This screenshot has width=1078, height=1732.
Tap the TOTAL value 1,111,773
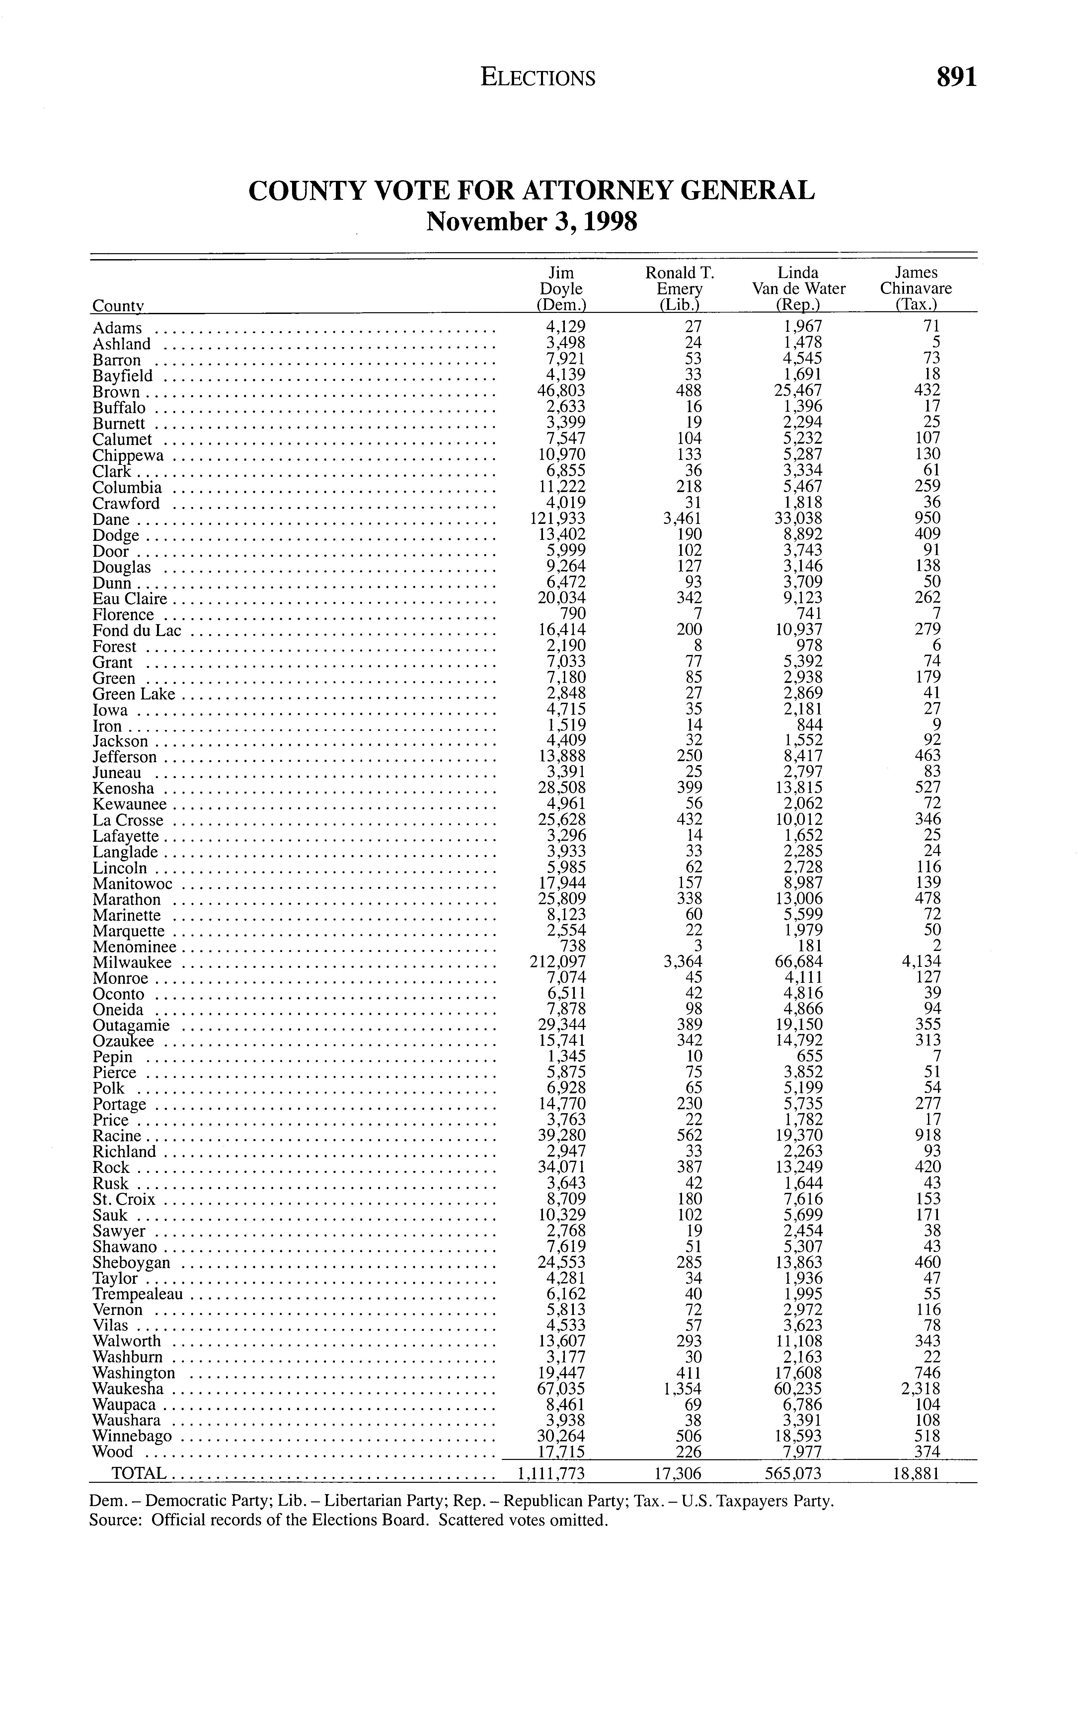tap(550, 1474)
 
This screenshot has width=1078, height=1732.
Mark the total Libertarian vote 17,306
tap(678, 1474)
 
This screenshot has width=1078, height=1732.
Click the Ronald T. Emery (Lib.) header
tap(679, 289)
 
